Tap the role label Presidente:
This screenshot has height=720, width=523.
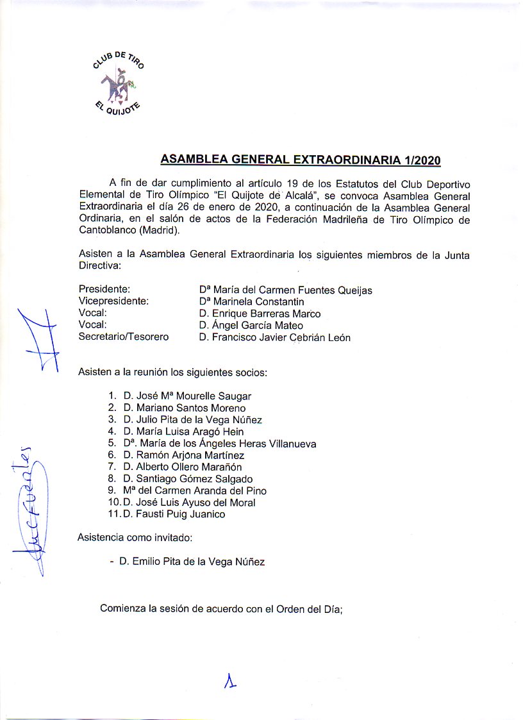[104, 290]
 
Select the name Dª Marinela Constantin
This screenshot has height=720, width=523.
[251, 301]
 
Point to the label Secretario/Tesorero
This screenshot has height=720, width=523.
[123, 337]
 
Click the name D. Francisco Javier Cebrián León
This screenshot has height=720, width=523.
[274, 337]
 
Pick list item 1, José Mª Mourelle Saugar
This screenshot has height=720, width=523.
[187, 396]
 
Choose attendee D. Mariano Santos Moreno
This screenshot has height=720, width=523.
[185, 408]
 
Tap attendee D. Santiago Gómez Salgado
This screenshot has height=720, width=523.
[188, 479]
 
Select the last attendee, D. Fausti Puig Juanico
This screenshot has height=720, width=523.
[174, 514]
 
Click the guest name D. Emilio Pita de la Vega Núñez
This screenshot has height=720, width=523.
[192, 562]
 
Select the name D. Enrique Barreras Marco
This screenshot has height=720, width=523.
[260, 314]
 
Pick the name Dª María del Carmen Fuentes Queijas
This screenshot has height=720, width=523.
[285, 290]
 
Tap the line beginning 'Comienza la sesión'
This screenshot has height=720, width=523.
[222, 609]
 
